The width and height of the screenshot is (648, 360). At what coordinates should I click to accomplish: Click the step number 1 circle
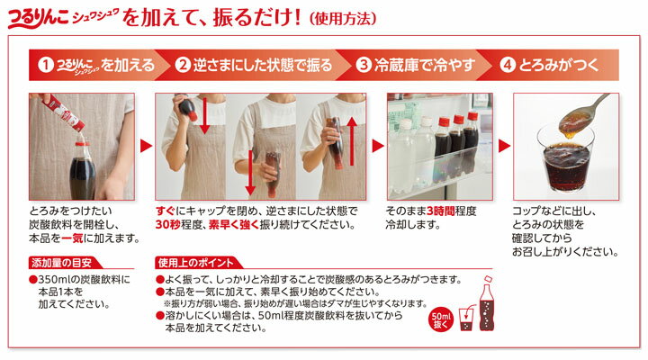tap(46, 65)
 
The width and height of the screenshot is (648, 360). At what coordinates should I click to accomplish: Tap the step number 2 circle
tap(182, 65)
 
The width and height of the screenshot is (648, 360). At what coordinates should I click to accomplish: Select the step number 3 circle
tap(364, 65)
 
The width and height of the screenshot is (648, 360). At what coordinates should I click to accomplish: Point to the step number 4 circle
tap(508, 65)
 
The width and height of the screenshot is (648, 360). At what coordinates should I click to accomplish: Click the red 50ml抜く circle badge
tap(441, 320)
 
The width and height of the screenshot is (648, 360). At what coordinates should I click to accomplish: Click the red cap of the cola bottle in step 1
tap(83, 144)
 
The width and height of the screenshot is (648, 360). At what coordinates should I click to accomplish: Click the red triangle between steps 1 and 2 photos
tap(146, 146)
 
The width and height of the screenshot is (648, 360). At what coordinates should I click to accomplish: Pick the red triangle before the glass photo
tap(504, 146)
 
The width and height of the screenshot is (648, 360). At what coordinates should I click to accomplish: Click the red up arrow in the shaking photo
tap(352, 140)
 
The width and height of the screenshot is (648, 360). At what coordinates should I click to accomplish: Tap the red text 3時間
tap(441, 211)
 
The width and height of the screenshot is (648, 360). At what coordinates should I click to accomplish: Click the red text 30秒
tap(167, 225)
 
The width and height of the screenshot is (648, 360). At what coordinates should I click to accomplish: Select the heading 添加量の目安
tap(61, 263)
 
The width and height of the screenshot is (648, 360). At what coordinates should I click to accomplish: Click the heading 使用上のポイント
tap(196, 263)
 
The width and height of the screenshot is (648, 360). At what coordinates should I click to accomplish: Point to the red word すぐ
tap(166, 211)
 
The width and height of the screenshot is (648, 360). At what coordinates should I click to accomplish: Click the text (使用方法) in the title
tap(343, 19)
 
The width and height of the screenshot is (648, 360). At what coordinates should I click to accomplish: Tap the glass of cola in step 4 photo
tap(566, 161)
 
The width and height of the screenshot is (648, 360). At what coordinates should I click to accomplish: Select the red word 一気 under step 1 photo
tap(72, 238)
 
